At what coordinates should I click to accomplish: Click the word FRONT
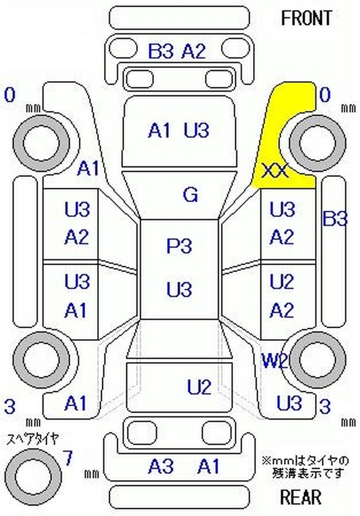pos(306,18)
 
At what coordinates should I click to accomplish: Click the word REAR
pos(301,497)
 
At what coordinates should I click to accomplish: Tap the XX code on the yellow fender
pos(274,171)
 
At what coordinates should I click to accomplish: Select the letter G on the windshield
pos(190,195)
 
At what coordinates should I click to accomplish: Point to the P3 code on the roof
pos(179,246)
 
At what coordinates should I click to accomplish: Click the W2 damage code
pos(274,361)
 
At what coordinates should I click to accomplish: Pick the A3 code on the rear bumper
pos(161,466)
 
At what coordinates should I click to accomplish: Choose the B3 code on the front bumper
pos(161,52)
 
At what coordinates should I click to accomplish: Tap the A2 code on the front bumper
pos(193,52)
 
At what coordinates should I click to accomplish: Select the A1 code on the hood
pos(160,131)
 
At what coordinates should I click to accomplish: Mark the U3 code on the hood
pos(197,131)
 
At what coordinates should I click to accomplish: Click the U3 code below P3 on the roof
pos(179,290)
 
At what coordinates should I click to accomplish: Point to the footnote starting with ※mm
pos(305,467)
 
